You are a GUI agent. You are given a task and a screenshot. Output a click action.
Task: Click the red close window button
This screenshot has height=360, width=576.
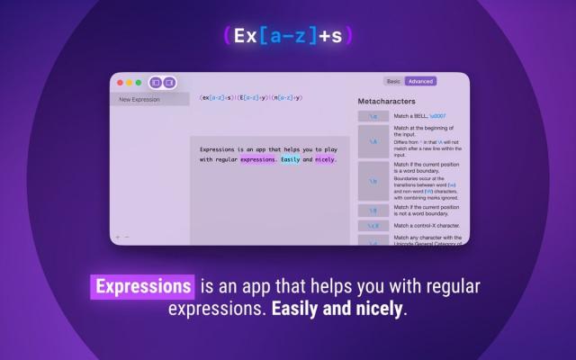(x=118, y=82)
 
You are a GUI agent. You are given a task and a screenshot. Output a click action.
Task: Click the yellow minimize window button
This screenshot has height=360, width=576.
(x=128, y=82)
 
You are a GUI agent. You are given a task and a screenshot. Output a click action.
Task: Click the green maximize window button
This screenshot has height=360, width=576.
(x=138, y=82)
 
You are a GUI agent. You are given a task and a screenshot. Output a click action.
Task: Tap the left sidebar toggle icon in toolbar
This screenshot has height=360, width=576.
(x=156, y=82)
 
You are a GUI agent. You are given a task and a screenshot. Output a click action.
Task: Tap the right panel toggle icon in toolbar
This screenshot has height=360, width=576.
(x=168, y=82)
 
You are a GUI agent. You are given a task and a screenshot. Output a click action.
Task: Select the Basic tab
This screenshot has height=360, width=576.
(x=393, y=81)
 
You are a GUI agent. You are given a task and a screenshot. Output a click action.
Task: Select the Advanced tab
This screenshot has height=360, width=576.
(x=420, y=81)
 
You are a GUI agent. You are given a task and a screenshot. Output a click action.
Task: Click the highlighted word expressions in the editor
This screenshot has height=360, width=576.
(x=258, y=159)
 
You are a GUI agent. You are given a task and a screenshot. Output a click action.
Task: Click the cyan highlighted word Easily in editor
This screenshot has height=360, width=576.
(x=290, y=159)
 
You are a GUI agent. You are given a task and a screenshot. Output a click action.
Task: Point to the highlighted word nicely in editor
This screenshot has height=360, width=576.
(x=324, y=159)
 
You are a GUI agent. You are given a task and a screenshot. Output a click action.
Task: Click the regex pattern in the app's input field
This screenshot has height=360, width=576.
(x=251, y=97)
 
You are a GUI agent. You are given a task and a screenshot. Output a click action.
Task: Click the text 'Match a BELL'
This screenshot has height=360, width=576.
(x=413, y=116)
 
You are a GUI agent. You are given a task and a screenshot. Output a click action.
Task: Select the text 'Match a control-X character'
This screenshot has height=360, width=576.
(x=427, y=225)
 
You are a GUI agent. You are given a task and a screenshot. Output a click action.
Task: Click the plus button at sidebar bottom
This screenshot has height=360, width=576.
(x=117, y=237)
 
